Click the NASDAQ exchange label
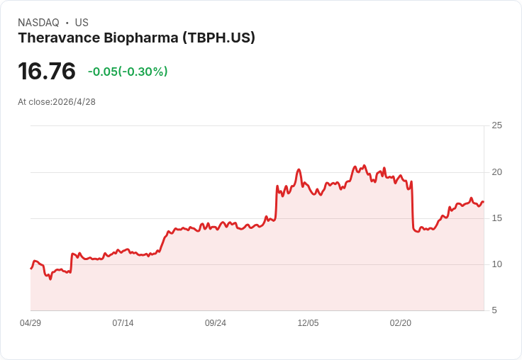tap(38, 23)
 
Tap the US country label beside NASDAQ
tap(82, 23)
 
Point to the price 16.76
tap(47, 72)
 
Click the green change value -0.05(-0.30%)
tap(128, 72)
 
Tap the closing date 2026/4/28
tap(74, 102)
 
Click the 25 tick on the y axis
tap(497, 125)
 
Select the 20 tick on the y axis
tap(497, 172)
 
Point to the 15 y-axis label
tap(497, 218)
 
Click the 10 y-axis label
tap(497, 264)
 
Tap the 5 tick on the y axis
tap(495, 310)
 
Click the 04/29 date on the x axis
tap(30, 323)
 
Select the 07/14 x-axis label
tap(123, 323)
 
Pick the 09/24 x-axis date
tap(216, 323)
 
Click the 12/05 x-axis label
tap(308, 323)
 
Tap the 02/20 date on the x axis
tap(401, 323)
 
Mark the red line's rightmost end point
tap(484, 202)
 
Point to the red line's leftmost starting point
tap(30, 268)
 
